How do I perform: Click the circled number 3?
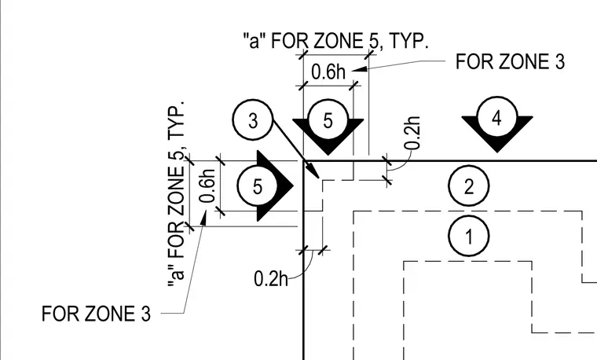[253, 120]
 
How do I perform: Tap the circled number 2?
[469, 186]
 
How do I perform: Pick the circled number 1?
[469, 236]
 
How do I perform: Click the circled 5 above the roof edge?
[328, 120]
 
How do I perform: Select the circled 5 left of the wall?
[258, 186]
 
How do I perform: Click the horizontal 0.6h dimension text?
[328, 72]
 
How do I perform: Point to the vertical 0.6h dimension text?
[208, 186]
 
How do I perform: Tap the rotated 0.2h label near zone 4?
[412, 133]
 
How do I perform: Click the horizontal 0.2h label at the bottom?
[271, 278]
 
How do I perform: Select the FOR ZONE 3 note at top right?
[510, 61]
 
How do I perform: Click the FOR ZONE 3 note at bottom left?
[96, 314]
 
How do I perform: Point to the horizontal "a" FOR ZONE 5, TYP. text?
[336, 41]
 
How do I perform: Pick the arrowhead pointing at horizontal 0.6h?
[360, 69]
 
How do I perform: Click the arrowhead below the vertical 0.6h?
[203, 218]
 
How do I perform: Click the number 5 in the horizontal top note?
[373, 41]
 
